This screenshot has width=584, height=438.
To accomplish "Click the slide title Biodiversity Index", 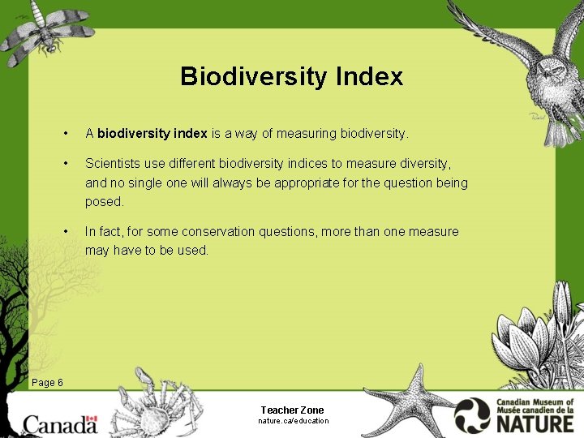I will pos(291,76).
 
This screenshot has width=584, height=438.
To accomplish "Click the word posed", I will pos(104,201).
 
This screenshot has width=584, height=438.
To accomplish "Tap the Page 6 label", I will pos(47,383).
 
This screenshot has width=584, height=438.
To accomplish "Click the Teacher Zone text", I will pos(292,410).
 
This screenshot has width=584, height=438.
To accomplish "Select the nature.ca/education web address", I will pos(293,421).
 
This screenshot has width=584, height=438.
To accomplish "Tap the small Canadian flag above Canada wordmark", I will pos(90,421).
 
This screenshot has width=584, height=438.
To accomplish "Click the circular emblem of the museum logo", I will pos(472,415).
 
